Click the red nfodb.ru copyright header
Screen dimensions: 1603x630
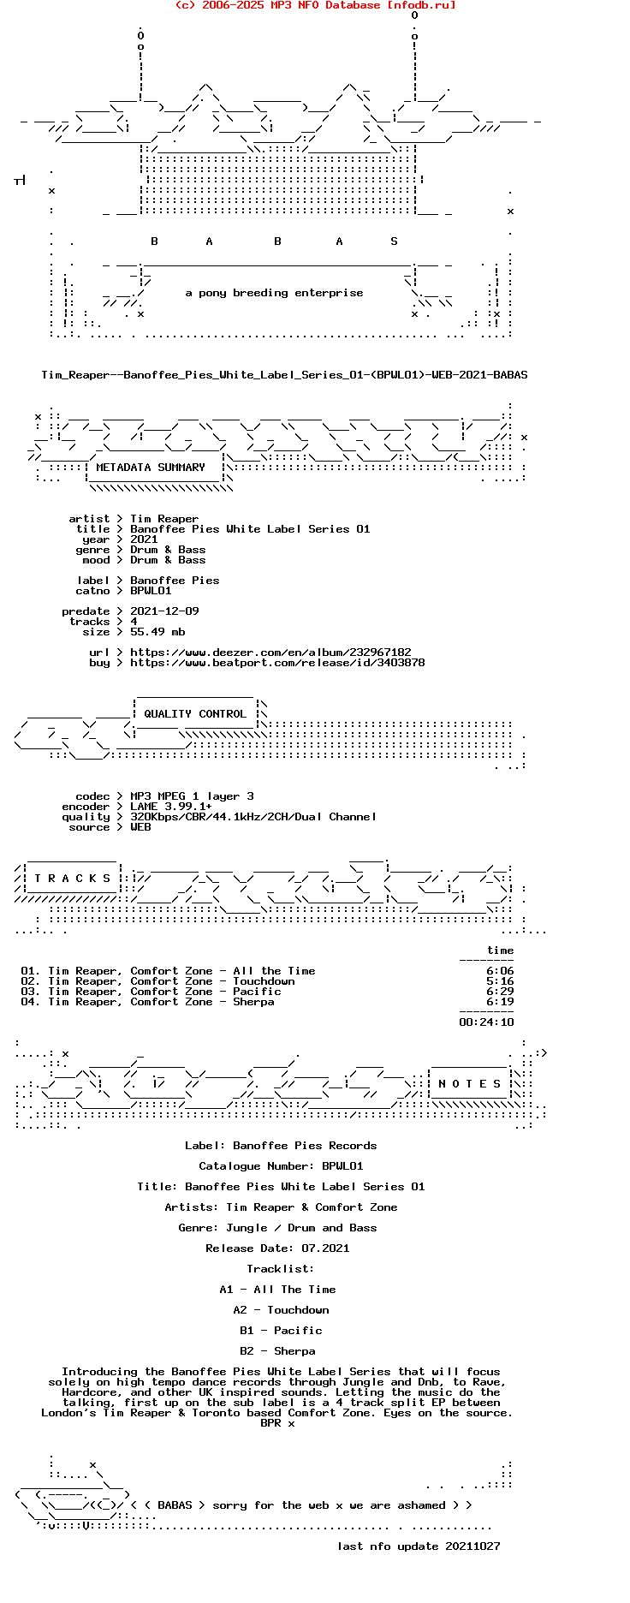click(x=315, y=5)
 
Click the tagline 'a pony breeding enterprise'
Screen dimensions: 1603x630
click(x=274, y=293)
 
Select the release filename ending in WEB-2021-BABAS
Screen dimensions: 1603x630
click(x=284, y=375)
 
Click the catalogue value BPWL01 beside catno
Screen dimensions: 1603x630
click(x=151, y=591)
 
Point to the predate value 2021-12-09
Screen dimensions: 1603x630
click(x=164, y=611)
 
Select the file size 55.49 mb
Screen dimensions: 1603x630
click(x=157, y=632)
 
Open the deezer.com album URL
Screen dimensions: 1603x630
click(x=270, y=653)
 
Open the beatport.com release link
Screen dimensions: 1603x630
click(x=277, y=663)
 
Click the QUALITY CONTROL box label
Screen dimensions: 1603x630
click(x=195, y=714)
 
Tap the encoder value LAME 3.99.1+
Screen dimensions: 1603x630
click(x=171, y=807)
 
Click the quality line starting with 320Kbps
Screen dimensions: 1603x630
click(x=253, y=817)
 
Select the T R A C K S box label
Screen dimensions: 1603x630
click(x=73, y=879)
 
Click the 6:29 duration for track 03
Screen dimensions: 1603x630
click(x=500, y=992)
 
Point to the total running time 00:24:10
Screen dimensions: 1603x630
click(x=486, y=1022)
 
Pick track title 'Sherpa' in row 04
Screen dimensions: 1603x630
click(x=253, y=1002)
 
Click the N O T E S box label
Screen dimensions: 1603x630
click(x=470, y=1084)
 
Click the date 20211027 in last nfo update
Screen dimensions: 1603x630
click(x=472, y=1546)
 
